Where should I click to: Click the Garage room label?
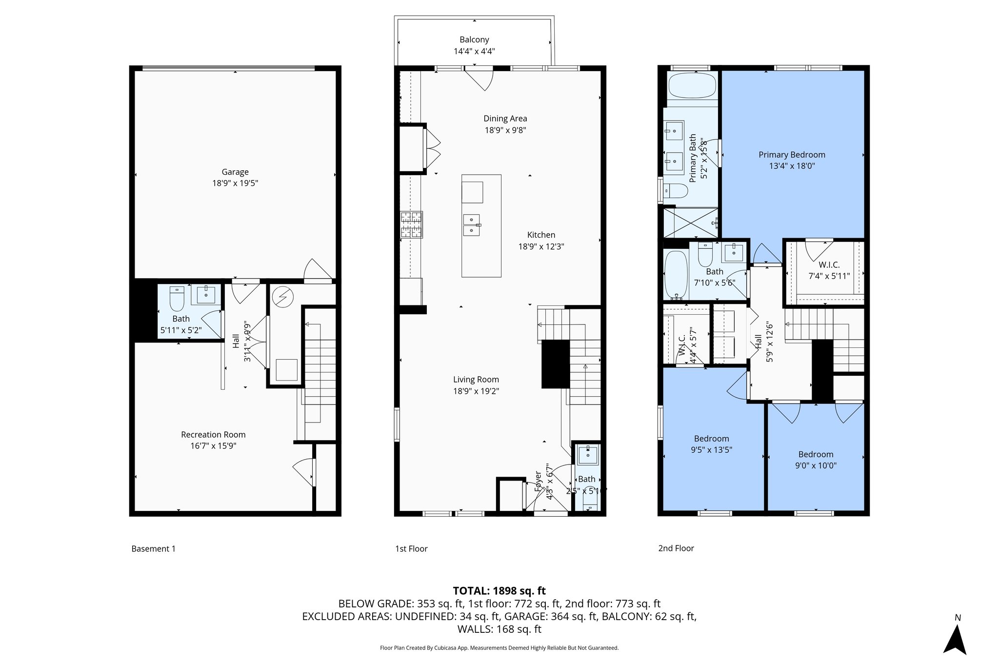(x=235, y=172)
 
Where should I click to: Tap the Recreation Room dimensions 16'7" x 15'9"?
(x=213, y=446)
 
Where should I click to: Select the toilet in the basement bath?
(x=176, y=299)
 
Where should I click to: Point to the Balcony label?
(x=474, y=40)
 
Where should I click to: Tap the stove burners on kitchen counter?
(x=411, y=224)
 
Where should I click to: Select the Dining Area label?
(x=505, y=119)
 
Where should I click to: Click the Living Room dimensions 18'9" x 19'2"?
(x=476, y=391)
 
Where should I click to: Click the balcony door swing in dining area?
(x=480, y=80)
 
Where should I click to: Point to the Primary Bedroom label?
(x=792, y=155)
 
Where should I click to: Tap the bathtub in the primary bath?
(x=692, y=86)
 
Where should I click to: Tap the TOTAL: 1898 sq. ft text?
(x=499, y=591)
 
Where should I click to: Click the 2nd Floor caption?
(x=676, y=548)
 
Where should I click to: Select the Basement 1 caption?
(x=153, y=549)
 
